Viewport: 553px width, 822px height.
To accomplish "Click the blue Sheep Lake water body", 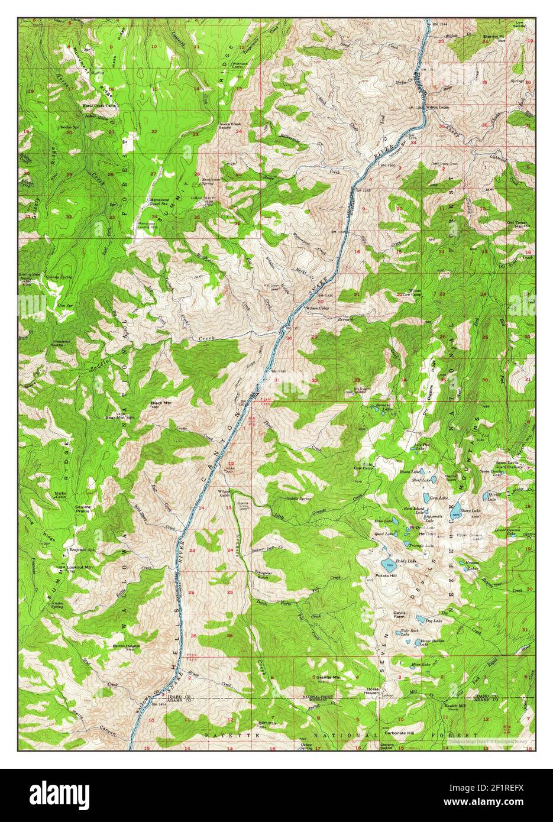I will pos(455,515).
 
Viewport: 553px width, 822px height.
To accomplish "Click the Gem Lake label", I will pos(438,498).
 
